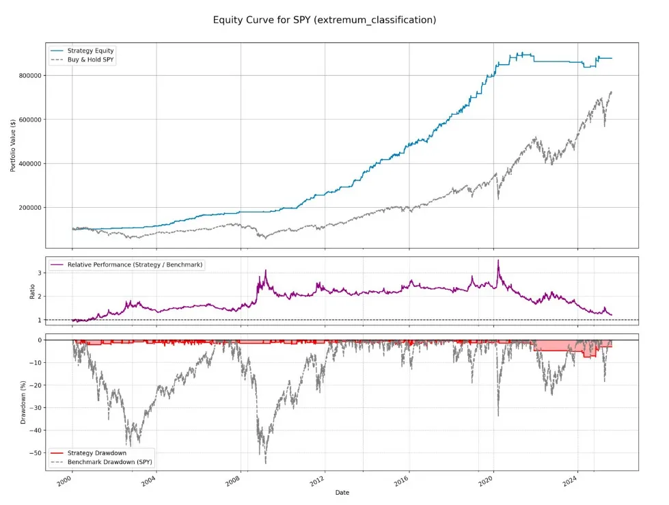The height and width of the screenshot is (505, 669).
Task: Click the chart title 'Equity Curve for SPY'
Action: pos(325,20)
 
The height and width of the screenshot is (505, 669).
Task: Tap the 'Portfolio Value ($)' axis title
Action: pos(14,146)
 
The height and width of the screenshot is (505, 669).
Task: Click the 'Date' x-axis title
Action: pos(342,492)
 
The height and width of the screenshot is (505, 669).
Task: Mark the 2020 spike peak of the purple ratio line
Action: pos(498,260)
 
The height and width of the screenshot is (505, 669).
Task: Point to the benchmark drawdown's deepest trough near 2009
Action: pos(265,463)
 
